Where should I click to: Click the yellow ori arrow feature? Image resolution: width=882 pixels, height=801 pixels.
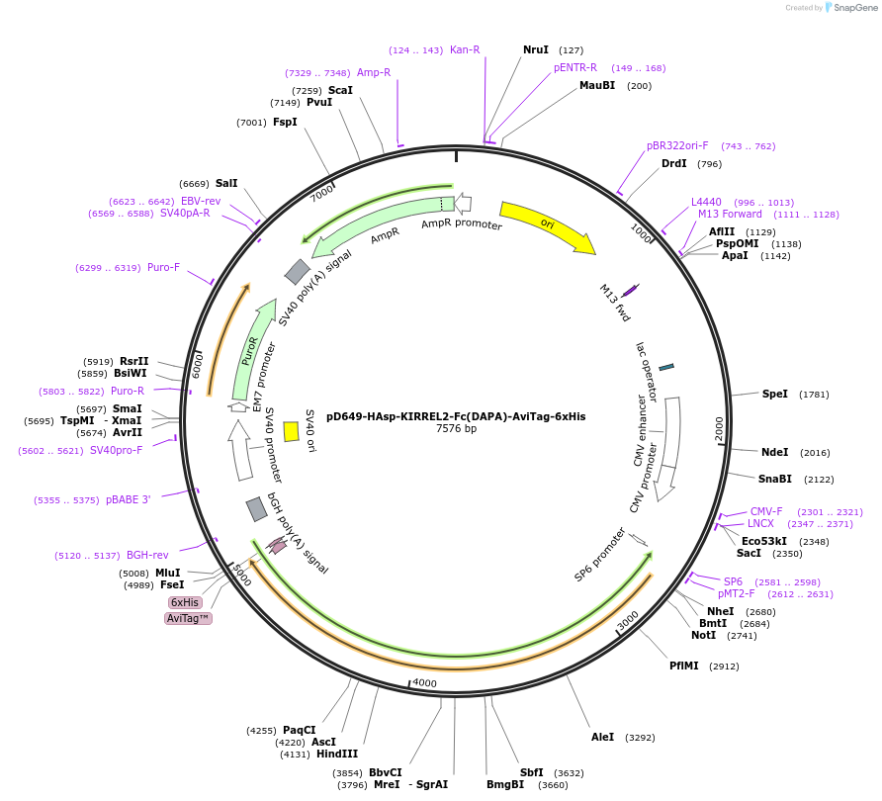click(x=547, y=226)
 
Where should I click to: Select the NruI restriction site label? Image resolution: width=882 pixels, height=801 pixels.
click(x=535, y=49)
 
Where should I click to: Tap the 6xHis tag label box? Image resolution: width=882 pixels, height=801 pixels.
click(x=185, y=602)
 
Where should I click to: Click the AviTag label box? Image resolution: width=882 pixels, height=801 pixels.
click(x=188, y=618)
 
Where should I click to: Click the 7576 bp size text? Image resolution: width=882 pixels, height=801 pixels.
click(x=456, y=429)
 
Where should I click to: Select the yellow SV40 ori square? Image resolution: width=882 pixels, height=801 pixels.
click(x=291, y=431)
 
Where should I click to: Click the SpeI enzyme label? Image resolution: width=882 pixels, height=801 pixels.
click(x=774, y=394)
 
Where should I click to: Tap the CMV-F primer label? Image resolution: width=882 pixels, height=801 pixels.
click(x=765, y=511)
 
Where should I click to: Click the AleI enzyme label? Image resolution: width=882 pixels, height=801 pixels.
click(x=602, y=737)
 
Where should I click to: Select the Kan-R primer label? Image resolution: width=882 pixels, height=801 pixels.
click(x=465, y=49)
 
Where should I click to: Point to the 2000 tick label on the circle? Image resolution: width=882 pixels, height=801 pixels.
click(x=719, y=428)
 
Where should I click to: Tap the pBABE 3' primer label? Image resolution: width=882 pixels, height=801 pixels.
click(x=128, y=499)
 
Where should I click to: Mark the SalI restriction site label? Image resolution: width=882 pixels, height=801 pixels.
click(x=226, y=183)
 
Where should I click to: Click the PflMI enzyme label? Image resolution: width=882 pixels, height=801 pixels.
click(x=683, y=666)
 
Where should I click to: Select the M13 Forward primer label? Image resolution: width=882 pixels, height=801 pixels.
click(x=730, y=214)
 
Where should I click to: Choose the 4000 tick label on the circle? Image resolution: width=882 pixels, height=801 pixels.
click(x=424, y=683)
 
